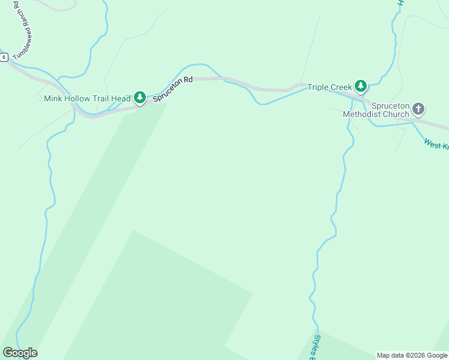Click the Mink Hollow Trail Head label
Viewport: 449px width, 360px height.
click(87, 98)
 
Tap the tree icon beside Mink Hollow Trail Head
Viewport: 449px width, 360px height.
click(140, 97)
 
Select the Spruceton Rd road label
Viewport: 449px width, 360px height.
click(172, 89)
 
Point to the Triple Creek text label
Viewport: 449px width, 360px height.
click(330, 87)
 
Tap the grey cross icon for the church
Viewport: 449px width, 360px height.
click(418, 109)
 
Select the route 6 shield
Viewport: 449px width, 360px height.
click(4, 57)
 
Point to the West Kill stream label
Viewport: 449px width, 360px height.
click(436, 144)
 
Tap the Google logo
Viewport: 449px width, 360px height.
click(20, 353)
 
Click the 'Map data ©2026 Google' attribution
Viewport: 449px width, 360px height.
click(412, 355)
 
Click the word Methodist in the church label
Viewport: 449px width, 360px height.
click(361, 113)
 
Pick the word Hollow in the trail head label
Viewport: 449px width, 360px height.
click(79, 98)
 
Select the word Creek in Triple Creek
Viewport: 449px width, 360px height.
click(342, 87)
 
